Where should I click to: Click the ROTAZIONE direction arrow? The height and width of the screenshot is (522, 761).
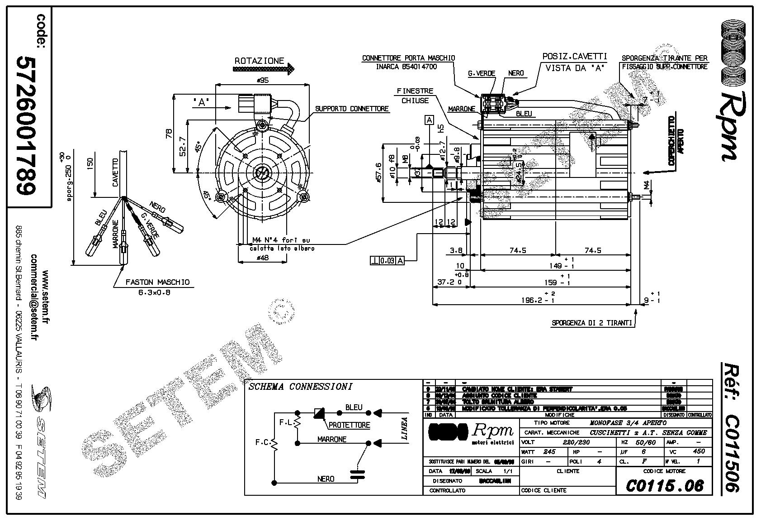tap(264, 69)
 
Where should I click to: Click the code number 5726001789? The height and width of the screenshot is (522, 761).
tap(27, 126)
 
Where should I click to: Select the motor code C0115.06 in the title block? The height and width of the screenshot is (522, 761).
tap(665, 486)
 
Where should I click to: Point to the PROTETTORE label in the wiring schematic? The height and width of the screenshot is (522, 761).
tap(349, 425)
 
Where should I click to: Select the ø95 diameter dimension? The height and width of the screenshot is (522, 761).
tap(263, 80)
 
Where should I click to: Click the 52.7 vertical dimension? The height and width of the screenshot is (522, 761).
tap(182, 146)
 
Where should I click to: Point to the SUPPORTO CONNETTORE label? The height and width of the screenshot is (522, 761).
tap(352, 109)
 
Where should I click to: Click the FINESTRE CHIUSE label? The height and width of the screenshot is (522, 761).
tap(415, 96)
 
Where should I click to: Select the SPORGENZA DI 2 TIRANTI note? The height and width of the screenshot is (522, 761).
tap(591, 323)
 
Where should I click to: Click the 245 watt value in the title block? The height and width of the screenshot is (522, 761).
tap(549, 451)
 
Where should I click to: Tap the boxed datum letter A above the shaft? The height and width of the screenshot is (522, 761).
tap(429, 120)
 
